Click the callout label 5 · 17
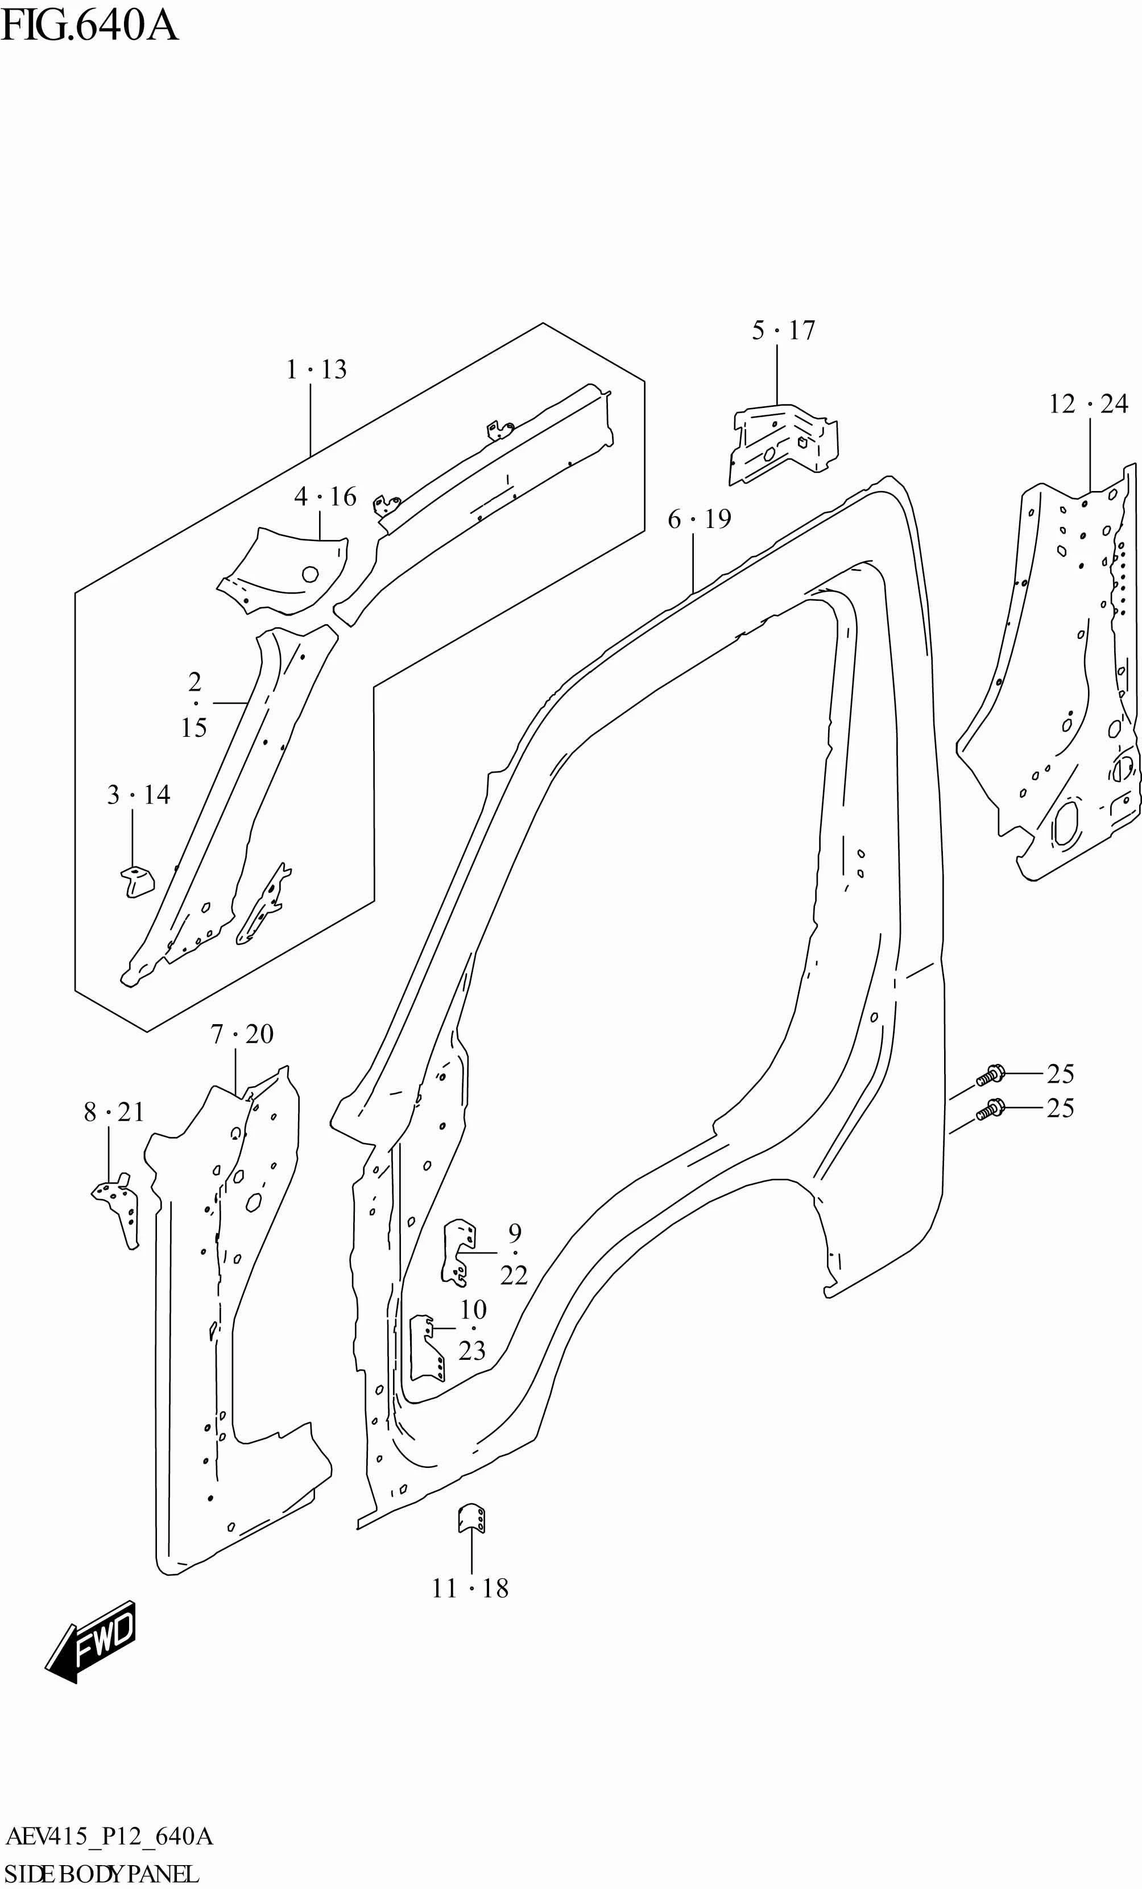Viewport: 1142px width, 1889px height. [783, 331]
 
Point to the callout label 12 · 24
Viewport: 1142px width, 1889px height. [1087, 404]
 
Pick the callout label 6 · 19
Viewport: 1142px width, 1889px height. [699, 519]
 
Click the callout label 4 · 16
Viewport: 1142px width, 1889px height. [325, 497]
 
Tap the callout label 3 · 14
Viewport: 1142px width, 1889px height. [138, 794]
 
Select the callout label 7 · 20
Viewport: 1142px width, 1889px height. [242, 1034]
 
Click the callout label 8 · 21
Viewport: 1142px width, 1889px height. [113, 1112]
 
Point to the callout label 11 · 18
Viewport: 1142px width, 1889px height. [470, 1589]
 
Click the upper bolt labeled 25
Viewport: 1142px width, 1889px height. [990, 1075]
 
